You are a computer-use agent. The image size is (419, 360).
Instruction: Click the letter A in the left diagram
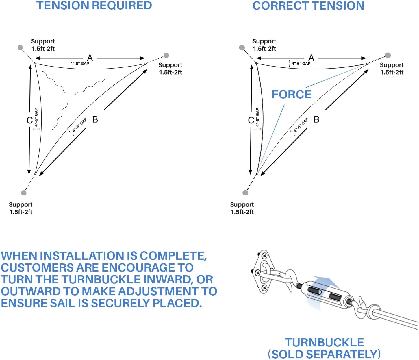point(90,58)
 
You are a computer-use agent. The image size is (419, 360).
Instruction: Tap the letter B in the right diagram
point(316,119)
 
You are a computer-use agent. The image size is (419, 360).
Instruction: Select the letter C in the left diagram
point(29,120)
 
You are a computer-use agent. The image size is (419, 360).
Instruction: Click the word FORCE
point(291,95)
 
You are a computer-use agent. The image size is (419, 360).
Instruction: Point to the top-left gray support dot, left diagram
point(20,47)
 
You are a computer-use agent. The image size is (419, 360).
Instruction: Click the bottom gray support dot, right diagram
point(245,193)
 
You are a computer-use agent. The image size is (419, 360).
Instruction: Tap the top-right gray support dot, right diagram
point(388,55)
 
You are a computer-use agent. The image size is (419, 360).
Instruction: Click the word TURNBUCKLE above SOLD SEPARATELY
point(324,343)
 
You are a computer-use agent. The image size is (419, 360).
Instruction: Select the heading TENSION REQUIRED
point(94,5)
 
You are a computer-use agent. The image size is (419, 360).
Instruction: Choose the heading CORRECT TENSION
point(308,5)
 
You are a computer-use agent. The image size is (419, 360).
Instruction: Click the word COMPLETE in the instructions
point(173,256)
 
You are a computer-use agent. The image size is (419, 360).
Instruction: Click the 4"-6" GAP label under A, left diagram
point(80,64)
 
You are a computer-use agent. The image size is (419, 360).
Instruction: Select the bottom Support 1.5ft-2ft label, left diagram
point(21,208)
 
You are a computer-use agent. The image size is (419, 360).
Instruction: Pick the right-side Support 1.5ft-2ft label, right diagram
point(392,69)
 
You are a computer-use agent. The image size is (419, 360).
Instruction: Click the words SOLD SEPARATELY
point(324,354)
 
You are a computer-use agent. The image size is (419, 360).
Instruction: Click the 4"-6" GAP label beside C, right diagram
point(257,117)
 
